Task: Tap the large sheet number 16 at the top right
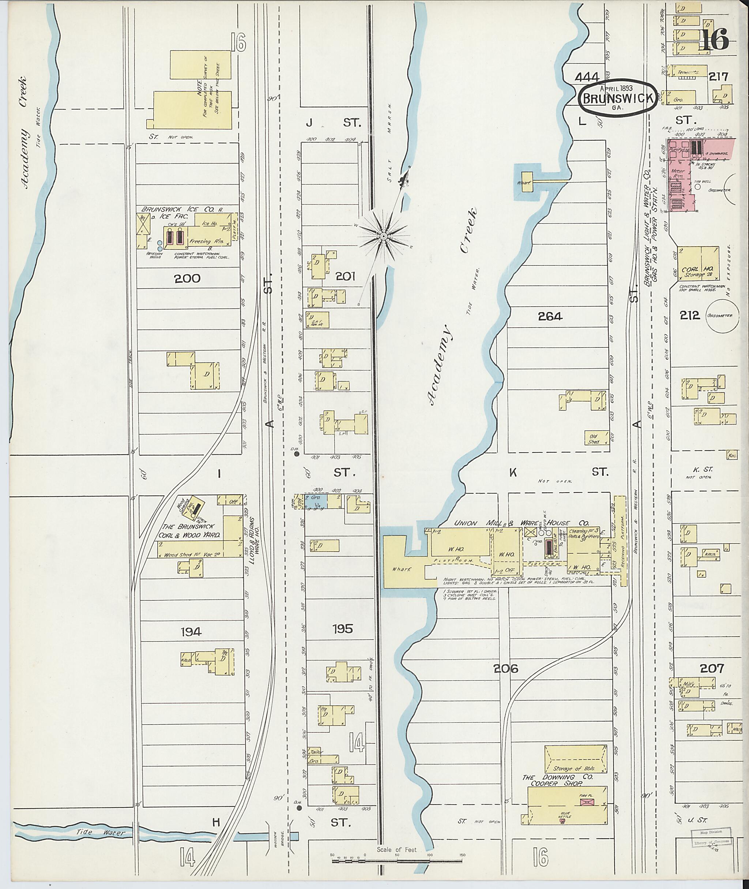click(714, 40)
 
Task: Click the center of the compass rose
click(383, 236)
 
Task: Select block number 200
click(187, 279)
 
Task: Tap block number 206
click(506, 668)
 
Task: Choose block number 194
click(190, 632)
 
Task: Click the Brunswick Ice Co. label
click(182, 209)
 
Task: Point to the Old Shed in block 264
click(593, 438)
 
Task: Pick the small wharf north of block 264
click(527, 182)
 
